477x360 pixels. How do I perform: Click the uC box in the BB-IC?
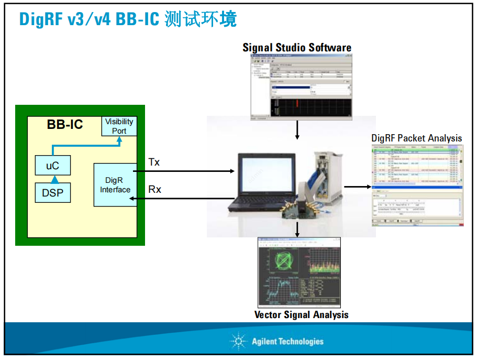(x=52, y=166)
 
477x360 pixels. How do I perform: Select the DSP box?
(x=52, y=193)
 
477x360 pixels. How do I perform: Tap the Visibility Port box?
(x=119, y=126)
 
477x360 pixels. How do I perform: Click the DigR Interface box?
(x=115, y=184)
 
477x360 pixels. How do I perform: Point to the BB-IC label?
(x=65, y=125)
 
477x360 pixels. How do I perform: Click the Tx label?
(x=154, y=162)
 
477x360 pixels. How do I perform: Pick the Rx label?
(x=154, y=189)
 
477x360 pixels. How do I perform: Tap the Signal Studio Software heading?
(x=297, y=48)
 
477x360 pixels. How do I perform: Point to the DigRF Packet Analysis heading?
(x=417, y=138)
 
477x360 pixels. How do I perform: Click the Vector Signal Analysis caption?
(x=301, y=315)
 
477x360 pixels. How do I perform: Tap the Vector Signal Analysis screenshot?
(x=299, y=272)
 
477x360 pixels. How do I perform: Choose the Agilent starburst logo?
(x=238, y=342)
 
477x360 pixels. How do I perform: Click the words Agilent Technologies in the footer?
(x=287, y=342)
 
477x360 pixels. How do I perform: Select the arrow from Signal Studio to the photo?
(x=297, y=129)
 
